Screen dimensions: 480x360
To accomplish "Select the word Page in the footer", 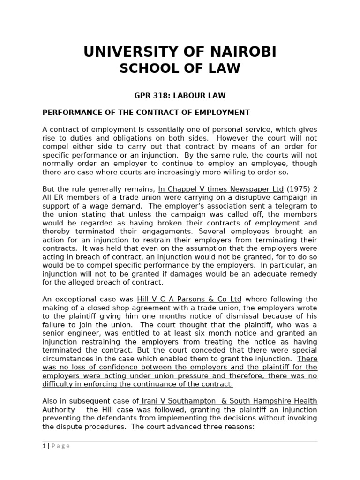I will point(61,446).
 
